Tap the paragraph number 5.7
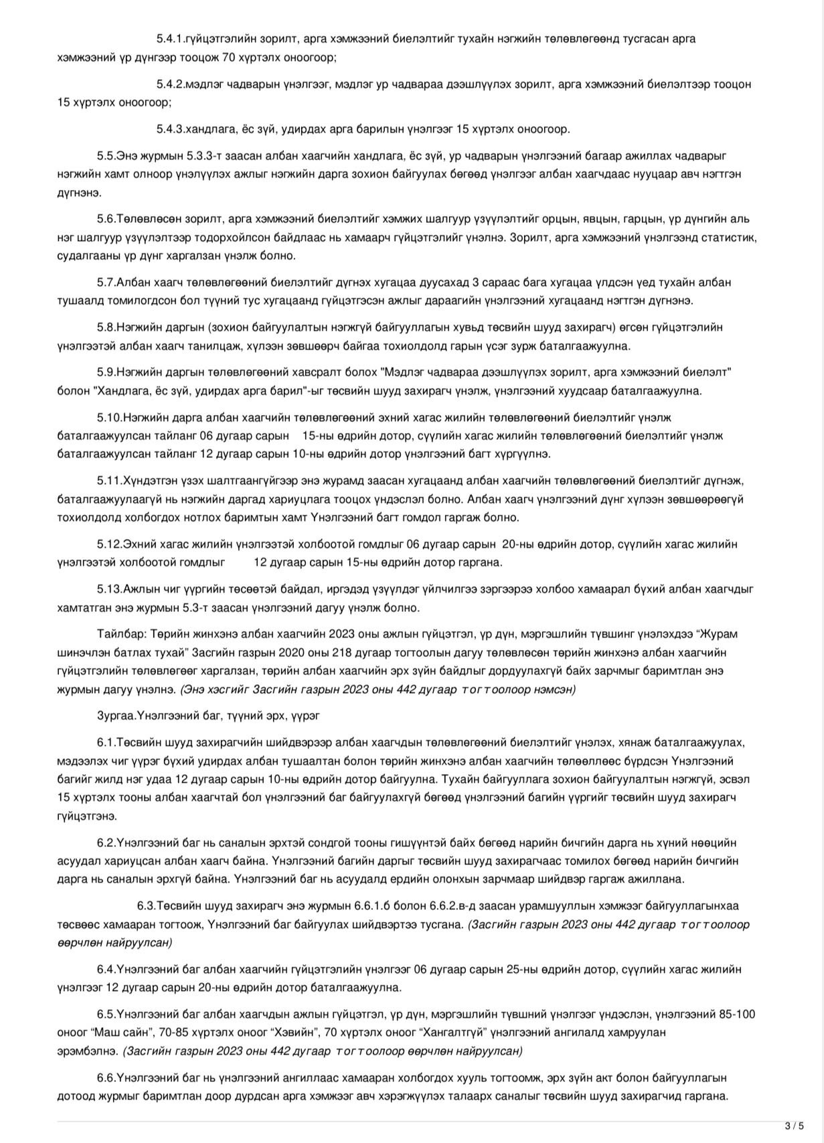click(106, 282)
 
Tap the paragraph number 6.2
click(106, 842)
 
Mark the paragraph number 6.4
click(106, 969)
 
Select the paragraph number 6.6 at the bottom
click(106, 1078)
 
